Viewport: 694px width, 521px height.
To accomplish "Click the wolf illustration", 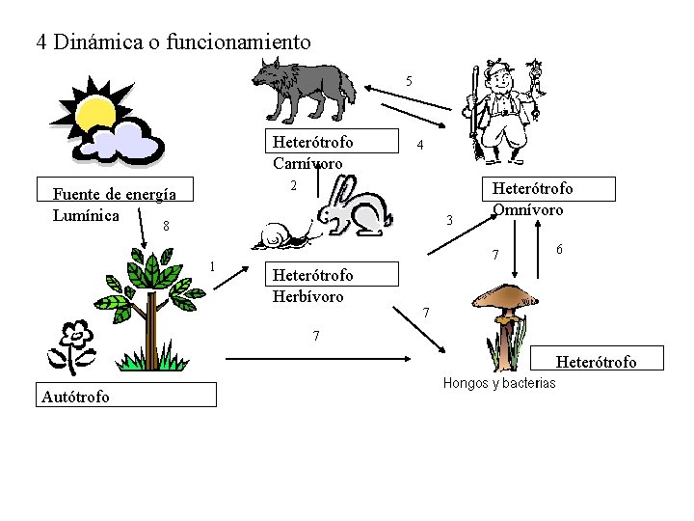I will (303, 87).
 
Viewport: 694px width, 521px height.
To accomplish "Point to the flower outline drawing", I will (75, 343).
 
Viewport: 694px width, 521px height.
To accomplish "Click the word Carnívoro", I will (307, 163).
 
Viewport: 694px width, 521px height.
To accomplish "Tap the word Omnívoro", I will (528, 208).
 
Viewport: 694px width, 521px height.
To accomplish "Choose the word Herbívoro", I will (307, 296).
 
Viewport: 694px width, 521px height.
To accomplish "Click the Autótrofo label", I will (76, 396).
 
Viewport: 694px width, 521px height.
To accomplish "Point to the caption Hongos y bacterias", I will (499, 383).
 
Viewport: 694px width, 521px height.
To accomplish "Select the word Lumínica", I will (87, 214).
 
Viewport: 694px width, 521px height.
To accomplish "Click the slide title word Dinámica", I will (101, 42).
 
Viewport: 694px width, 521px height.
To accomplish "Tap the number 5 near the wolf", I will (409, 80).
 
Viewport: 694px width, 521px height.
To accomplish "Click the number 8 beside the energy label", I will (166, 227).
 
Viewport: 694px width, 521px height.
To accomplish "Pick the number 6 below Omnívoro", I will (560, 249).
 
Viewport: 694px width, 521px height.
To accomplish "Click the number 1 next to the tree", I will (212, 266).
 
